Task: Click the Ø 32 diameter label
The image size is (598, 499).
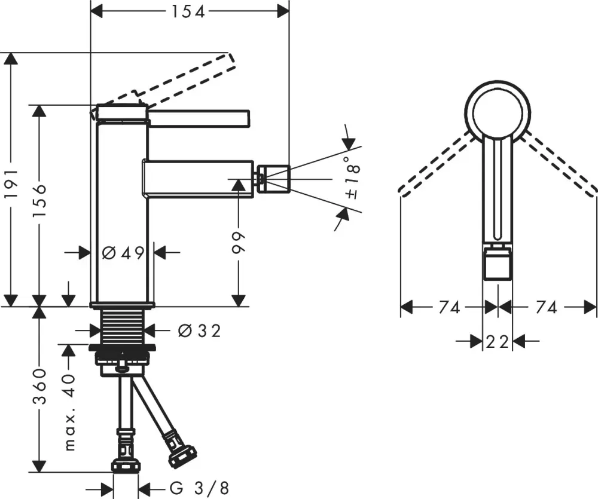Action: [199, 330]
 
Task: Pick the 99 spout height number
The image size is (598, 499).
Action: [239, 242]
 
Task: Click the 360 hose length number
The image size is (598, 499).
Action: [39, 387]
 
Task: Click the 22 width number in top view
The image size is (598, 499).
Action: [497, 342]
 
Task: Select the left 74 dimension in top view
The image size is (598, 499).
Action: [448, 307]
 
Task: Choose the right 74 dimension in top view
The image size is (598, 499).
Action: [545, 307]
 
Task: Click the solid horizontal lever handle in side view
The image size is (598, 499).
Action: [197, 118]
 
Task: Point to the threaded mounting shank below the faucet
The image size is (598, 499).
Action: [122, 326]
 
